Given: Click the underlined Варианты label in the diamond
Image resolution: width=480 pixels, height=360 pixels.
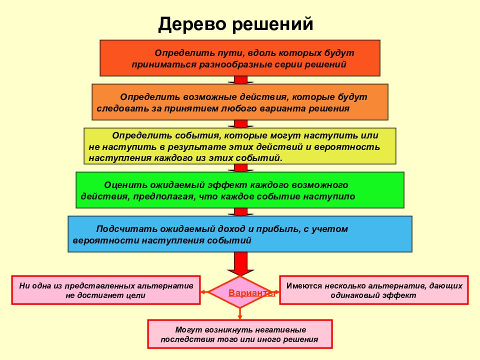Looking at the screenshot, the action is [251, 293].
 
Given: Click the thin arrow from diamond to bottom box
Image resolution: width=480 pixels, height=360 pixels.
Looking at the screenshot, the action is [240, 313].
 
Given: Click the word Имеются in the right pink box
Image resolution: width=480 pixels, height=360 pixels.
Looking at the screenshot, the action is [304, 286].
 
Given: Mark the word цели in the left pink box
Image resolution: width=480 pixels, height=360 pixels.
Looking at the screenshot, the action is [135, 295].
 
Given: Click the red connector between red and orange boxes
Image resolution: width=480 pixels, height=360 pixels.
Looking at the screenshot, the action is [240, 80].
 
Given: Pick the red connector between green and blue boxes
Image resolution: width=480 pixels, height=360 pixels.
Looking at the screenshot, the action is [240, 212].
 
